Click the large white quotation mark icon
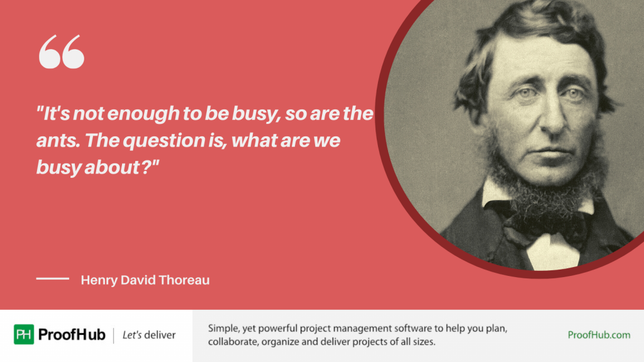click(x=61, y=52)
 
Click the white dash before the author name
click(x=52, y=278)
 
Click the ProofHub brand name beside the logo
click(x=72, y=335)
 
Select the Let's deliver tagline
click(x=149, y=335)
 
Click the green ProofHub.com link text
click(x=599, y=335)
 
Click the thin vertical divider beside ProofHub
click(x=114, y=335)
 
